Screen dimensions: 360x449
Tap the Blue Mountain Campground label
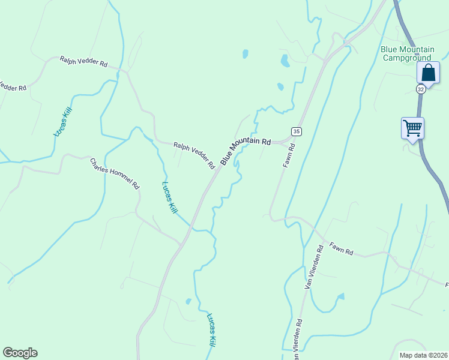(x=406, y=53)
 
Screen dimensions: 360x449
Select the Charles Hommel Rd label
(x=115, y=174)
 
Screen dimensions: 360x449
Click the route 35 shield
(x=296, y=131)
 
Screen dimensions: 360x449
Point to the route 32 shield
(x=421, y=89)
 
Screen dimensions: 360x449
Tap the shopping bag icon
(x=429, y=73)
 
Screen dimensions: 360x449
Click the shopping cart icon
(x=412, y=127)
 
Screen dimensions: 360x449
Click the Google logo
(x=20, y=353)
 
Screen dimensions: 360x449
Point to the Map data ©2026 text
(x=423, y=355)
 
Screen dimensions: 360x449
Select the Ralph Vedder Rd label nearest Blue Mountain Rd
(x=194, y=155)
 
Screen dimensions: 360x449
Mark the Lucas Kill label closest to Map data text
(x=211, y=331)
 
